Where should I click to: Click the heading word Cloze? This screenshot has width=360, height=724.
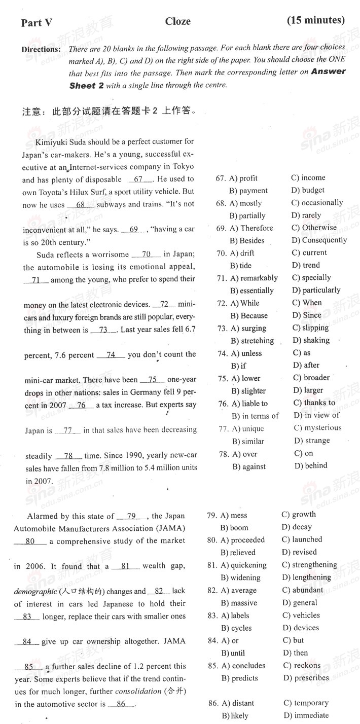click(177, 21)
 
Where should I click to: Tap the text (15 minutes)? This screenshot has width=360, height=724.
click(315, 20)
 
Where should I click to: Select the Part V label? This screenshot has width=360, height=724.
click(37, 22)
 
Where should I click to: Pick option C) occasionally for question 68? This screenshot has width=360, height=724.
click(317, 203)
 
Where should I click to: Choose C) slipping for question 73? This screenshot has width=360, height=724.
click(311, 328)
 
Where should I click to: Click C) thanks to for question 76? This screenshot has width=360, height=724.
click(314, 403)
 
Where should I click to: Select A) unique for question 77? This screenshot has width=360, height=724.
click(248, 429)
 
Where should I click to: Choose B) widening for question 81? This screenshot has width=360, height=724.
click(240, 577)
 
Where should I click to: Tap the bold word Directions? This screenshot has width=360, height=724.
click(41, 50)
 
